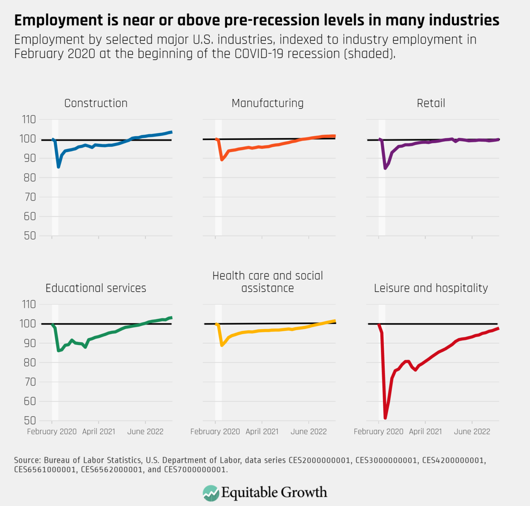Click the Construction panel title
[x=96, y=103]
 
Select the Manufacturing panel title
[x=267, y=103]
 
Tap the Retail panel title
[x=431, y=103]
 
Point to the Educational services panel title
[x=96, y=288]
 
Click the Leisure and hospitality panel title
[x=431, y=288]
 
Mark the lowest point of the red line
[x=385, y=418]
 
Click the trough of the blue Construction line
[x=59, y=167]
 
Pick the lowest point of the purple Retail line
[x=385, y=168]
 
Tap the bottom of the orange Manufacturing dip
[x=222, y=160]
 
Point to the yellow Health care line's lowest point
[x=222, y=345]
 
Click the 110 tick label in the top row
[x=29, y=120]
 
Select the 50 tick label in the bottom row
[x=30, y=421]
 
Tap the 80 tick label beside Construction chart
[x=30, y=178]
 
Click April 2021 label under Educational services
[x=99, y=432]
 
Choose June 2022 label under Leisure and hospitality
[x=472, y=432]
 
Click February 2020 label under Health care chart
[x=215, y=432]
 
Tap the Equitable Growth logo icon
[x=210, y=493]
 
